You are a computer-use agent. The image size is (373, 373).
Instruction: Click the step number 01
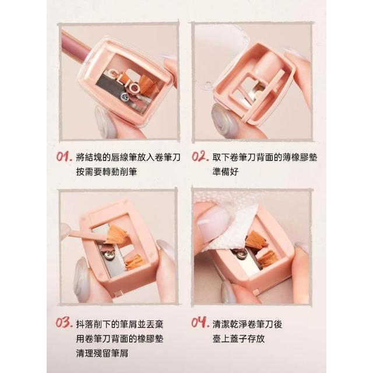64,157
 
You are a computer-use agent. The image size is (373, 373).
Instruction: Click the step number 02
200,157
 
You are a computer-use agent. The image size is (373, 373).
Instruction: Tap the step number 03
64,323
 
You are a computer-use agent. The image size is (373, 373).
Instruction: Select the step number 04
200,322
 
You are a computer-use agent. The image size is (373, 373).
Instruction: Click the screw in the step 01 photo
125,96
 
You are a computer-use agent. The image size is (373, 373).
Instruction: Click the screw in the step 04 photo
241,255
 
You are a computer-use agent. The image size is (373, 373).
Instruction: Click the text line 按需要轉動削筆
107,172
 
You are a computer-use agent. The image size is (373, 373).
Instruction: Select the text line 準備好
226,172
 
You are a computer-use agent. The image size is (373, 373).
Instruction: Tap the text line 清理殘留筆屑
103,353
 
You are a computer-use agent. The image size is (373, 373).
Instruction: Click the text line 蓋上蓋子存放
238,339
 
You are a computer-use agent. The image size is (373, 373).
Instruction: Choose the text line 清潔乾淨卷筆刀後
247,324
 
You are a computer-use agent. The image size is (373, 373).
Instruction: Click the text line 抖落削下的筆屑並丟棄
120,324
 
